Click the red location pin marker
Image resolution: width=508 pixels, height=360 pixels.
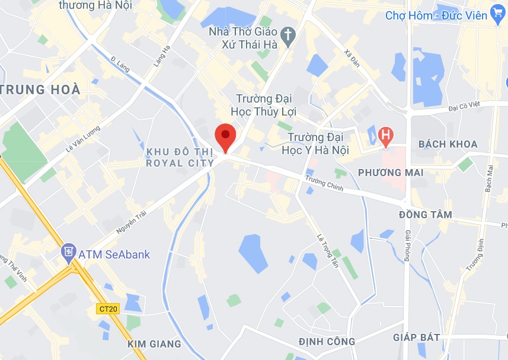[x=225, y=136]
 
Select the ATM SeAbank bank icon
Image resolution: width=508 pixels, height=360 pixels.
[x=68, y=254]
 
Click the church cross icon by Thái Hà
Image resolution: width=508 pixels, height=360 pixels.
[x=288, y=37]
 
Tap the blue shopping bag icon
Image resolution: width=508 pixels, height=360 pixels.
[x=497, y=15]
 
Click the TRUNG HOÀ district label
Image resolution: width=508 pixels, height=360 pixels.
[x=40, y=90]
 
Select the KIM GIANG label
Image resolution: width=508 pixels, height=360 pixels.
[x=154, y=343]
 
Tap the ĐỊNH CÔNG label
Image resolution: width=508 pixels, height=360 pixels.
[x=327, y=341]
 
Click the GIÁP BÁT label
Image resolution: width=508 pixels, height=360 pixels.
[x=417, y=337]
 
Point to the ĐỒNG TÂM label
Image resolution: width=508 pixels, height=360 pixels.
[x=426, y=215]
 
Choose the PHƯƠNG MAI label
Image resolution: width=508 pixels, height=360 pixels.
[x=391, y=173]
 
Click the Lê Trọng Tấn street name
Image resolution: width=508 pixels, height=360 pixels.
[x=328, y=249]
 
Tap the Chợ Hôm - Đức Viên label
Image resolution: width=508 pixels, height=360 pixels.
[x=436, y=15]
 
